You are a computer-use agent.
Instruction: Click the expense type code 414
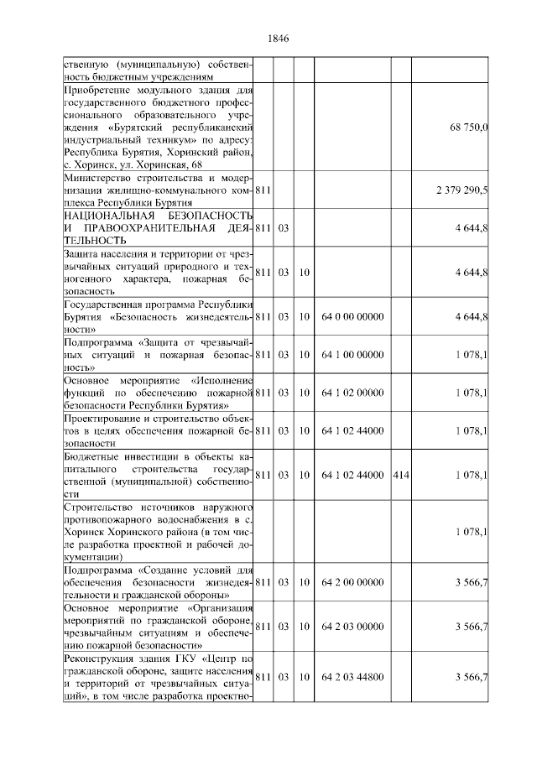pos(400,475)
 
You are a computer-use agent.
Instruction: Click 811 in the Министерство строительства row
pos(263,190)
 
